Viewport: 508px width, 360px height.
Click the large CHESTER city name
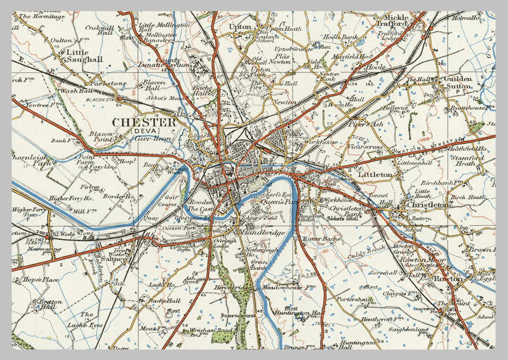click(144, 122)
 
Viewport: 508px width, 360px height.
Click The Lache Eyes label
click(86, 319)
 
